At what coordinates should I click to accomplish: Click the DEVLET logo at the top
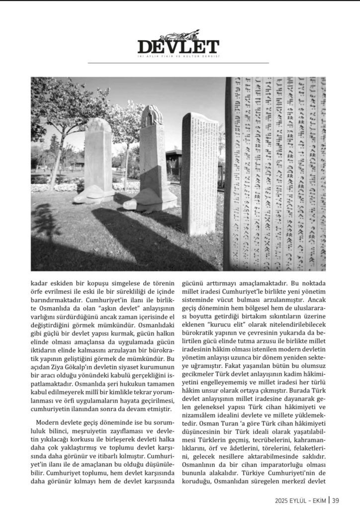[x=178, y=46]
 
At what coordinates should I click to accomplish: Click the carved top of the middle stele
[x=152, y=116]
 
